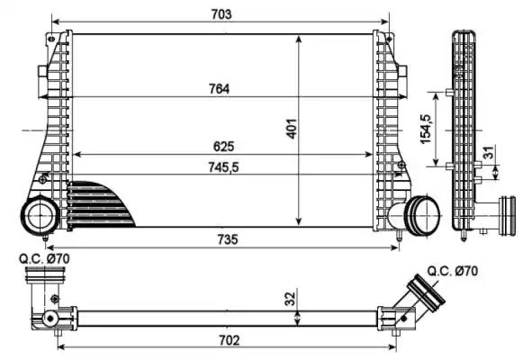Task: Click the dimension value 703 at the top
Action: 222,13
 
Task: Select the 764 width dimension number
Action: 220,88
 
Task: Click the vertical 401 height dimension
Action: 291,130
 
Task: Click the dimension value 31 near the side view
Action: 488,155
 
